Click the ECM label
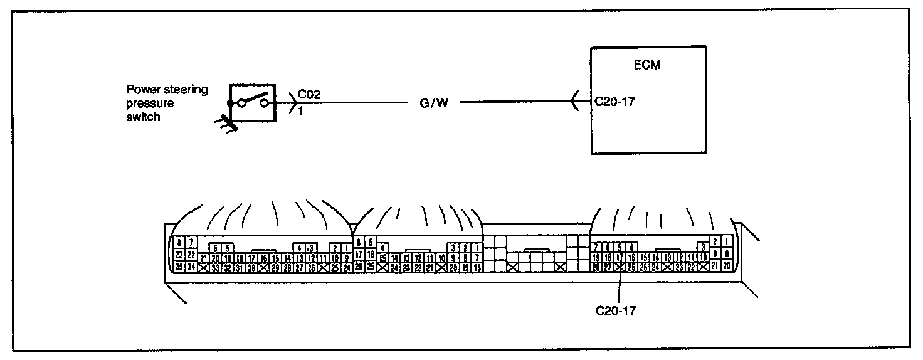pyautogui.click(x=647, y=65)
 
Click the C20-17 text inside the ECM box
pyautogui.click(x=614, y=101)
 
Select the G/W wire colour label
pyautogui.click(x=434, y=102)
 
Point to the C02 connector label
pyautogui.click(x=310, y=95)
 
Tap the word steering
pyautogui.click(x=186, y=90)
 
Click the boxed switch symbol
pyautogui.click(x=253, y=102)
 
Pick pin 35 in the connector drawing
pyautogui.click(x=179, y=267)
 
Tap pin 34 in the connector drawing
pyautogui.click(x=191, y=267)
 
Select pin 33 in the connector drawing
pyautogui.click(x=215, y=267)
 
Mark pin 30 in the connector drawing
pyautogui.click(x=251, y=267)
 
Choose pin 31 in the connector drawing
pyautogui.click(x=239, y=267)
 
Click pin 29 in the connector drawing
pyautogui.click(x=275, y=267)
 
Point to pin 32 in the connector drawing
pyautogui.click(x=227, y=267)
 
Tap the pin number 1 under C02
pyautogui.click(x=300, y=110)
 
